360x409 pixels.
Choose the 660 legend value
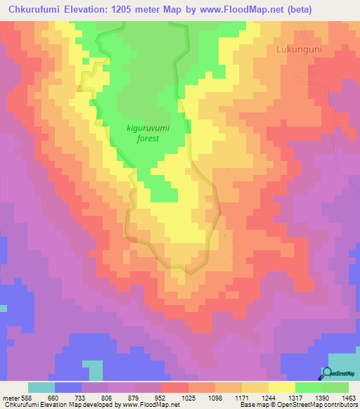pos(54,397)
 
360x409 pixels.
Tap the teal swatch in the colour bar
pos(41,387)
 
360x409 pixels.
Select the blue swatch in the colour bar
pos(67,387)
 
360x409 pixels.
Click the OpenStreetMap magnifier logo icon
pos(328,373)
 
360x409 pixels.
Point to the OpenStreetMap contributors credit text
pos(318,405)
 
